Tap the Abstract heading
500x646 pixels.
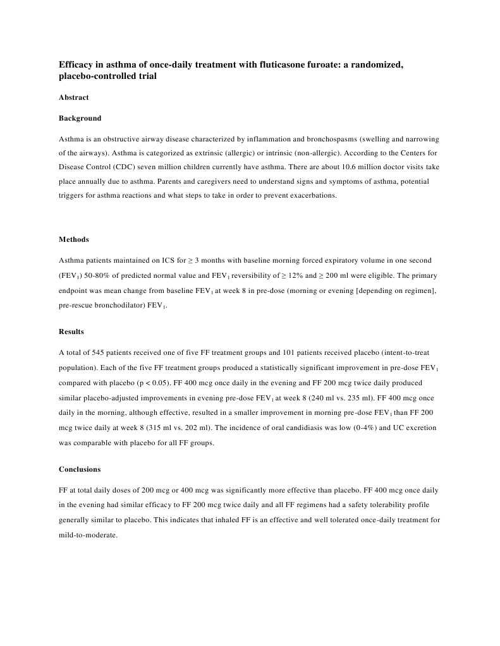(73, 97)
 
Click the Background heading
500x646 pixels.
(80, 118)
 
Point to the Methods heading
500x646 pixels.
(74, 239)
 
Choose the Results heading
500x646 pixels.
(71, 332)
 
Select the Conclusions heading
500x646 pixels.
(80, 469)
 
